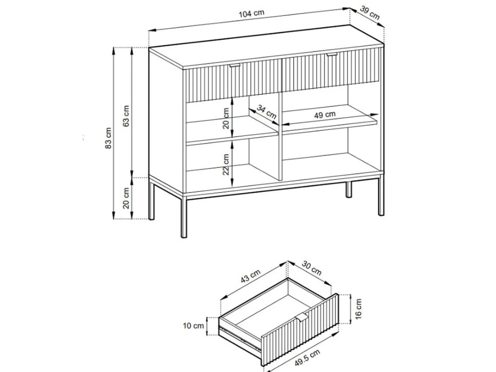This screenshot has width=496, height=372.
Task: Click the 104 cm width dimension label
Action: pyautogui.click(x=251, y=14)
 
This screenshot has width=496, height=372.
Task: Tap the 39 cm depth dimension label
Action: pyautogui.click(x=370, y=13)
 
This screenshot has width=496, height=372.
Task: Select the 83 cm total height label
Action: pyautogui.click(x=108, y=138)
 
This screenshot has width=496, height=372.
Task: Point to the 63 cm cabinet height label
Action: pyautogui.click(x=126, y=116)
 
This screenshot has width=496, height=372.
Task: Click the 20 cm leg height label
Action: pyautogui.click(x=126, y=198)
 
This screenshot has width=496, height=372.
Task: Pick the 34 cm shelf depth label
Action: pyautogui.click(x=267, y=112)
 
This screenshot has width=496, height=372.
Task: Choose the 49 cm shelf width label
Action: pyautogui.click(x=325, y=115)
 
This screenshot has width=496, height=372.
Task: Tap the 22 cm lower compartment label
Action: pyautogui.click(x=226, y=164)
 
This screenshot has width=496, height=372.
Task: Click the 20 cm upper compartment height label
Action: pyautogui.click(x=226, y=118)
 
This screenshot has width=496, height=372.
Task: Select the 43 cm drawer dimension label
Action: pyautogui.click(x=250, y=276)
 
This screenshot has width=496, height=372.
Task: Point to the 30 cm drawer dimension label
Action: pyautogui.click(x=311, y=268)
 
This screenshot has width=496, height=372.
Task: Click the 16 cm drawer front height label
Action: pyautogui.click(x=358, y=309)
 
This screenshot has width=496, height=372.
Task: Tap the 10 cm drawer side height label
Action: pyautogui.click(x=193, y=326)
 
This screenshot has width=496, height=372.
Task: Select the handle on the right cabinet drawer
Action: pyautogui.click(x=332, y=54)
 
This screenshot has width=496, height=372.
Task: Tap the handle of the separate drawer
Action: pyautogui.click(x=301, y=316)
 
